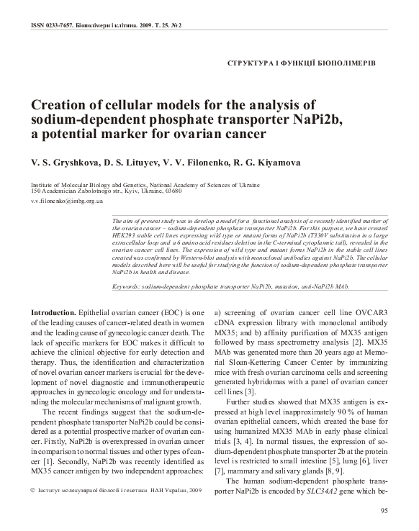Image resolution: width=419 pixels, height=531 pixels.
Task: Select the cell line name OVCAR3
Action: pyautogui.click(x=370, y=314)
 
